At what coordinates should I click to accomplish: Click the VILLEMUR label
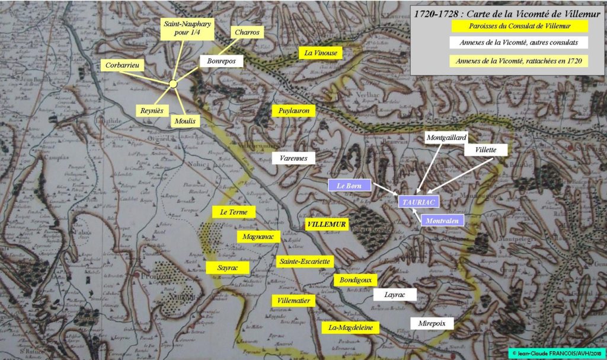coord(327,225)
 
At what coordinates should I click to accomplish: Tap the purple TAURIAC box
coord(419,202)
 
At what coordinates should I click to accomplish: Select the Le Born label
coord(350,185)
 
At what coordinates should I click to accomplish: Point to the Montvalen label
coord(442,220)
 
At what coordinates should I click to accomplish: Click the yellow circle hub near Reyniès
coord(173,84)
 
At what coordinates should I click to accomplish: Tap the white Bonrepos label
coord(221,60)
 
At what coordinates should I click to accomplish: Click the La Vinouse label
coord(321,53)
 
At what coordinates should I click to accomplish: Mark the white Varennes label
coord(293,158)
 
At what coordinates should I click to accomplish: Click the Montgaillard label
coord(447,138)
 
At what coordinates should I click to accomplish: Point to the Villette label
coord(485,149)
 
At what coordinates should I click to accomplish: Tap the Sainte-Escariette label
coord(305,261)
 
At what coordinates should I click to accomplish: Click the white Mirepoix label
coord(432,323)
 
